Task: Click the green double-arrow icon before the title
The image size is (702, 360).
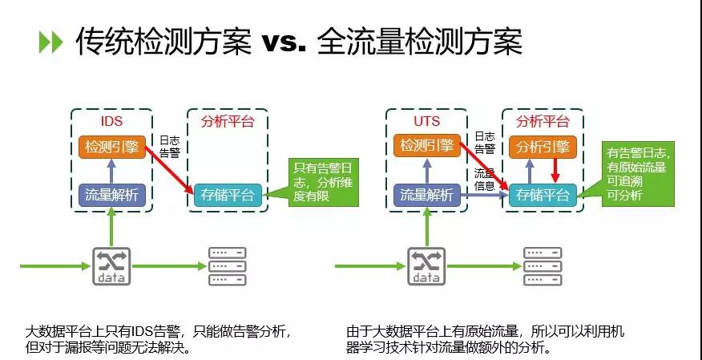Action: click(50, 42)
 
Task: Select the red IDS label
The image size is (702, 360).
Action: click(111, 122)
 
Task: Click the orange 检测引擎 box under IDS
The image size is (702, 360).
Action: click(112, 148)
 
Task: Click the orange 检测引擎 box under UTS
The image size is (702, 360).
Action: click(426, 148)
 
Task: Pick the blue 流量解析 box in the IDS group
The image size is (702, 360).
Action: click(112, 195)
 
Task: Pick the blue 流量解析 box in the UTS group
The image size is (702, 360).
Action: click(426, 195)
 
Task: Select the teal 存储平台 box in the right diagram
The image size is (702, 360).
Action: click(543, 195)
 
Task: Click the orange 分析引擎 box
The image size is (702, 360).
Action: click(543, 148)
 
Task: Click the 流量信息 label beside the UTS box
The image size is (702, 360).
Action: click(484, 178)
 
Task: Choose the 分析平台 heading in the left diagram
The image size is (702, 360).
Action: click(228, 122)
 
